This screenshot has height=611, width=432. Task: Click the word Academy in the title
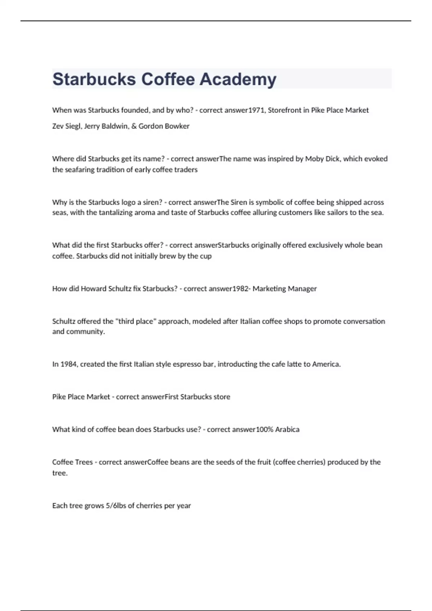pos(238,79)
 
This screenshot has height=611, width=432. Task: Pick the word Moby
pos(314,159)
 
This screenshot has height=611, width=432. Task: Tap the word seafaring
pos(79,170)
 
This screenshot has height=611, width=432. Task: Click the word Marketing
pos(269,289)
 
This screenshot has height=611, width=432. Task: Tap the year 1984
pos(68,364)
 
